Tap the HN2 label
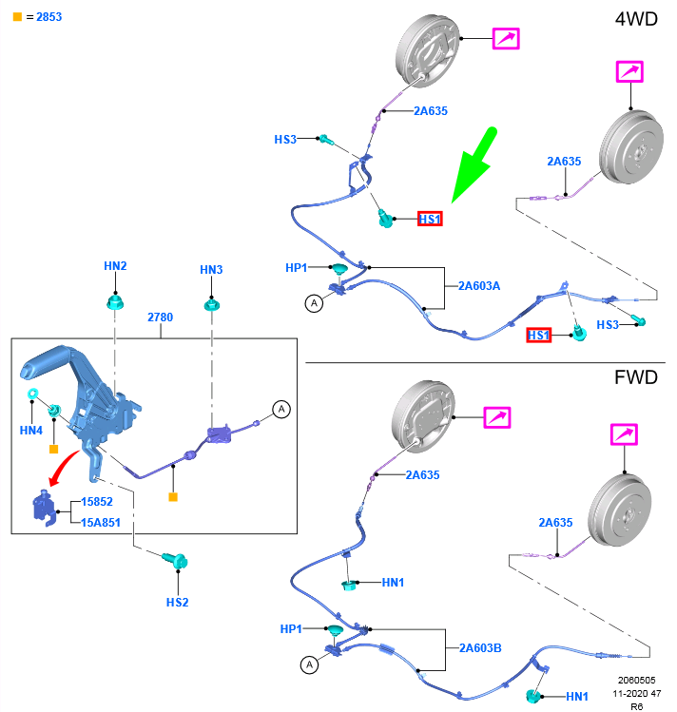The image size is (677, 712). (x=115, y=266)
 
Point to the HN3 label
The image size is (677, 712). (x=211, y=270)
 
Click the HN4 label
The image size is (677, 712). (x=31, y=431)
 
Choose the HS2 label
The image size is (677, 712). (x=178, y=602)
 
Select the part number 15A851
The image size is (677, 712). (x=100, y=521)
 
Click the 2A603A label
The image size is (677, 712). (x=479, y=285)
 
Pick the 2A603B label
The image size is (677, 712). (x=479, y=647)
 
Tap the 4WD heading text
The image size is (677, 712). (x=636, y=19)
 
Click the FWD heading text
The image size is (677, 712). (x=636, y=377)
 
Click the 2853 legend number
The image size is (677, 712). (x=49, y=17)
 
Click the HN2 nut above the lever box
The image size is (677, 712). (x=115, y=304)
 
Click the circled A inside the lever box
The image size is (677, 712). (x=280, y=409)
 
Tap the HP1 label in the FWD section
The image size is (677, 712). (x=291, y=629)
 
